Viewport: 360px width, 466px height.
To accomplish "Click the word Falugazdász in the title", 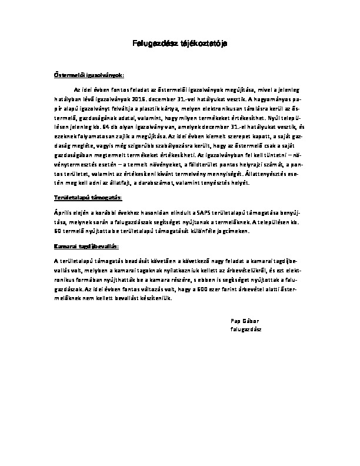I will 151,44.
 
